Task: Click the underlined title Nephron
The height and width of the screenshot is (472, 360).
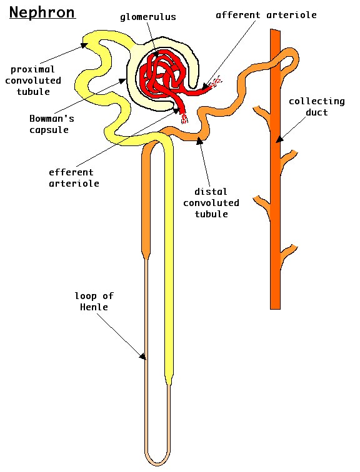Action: pyautogui.click(x=42, y=13)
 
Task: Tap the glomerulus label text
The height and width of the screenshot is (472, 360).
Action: pyautogui.click(x=148, y=17)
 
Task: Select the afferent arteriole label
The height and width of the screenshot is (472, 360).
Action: pyautogui.click(x=266, y=15)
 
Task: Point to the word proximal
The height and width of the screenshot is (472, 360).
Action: pyautogui.click(x=32, y=69)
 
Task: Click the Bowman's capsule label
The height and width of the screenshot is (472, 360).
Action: pyautogui.click(x=51, y=124)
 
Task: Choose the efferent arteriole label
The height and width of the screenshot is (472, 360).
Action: pyautogui.click(x=74, y=177)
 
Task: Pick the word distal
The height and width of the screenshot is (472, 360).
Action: pyautogui.click(x=211, y=192)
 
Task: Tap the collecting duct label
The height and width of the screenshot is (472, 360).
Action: pyautogui.click(x=317, y=107)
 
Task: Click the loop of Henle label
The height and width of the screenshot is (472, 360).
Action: pyautogui.click(x=94, y=301)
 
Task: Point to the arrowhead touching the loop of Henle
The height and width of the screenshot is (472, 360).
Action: pyautogui.click(x=142, y=356)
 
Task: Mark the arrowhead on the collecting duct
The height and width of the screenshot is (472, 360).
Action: pyautogui.click(x=279, y=139)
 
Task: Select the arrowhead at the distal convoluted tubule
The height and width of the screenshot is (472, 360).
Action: pyautogui.click(x=199, y=140)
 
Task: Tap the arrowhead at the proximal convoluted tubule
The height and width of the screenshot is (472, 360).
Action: pyautogui.click(x=84, y=45)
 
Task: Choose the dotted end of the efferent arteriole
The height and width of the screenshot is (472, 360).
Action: pyautogui.click(x=184, y=118)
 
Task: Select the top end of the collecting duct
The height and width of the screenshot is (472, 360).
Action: pyautogui.click(x=276, y=30)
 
